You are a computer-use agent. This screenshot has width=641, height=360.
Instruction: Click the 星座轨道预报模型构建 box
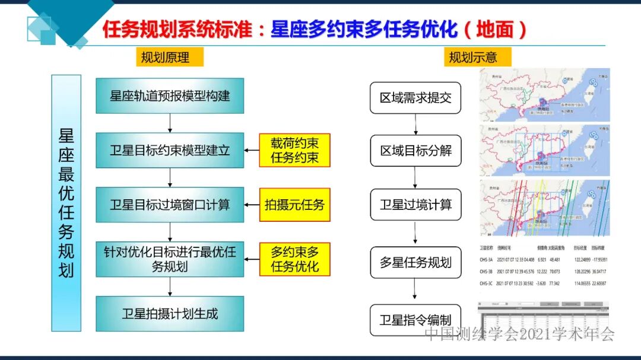(x=170, y=95)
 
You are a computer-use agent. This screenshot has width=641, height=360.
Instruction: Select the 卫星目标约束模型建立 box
(x=170, y=150)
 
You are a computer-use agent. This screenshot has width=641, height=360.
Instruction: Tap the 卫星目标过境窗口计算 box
(x=170, y=205)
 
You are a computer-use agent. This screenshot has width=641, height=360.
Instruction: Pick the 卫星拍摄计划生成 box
(x=170, y=314)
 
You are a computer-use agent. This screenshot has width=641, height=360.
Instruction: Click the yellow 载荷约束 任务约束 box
(x=294, y=150)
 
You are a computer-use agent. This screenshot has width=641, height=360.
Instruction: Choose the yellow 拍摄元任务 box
(x=294, y=205)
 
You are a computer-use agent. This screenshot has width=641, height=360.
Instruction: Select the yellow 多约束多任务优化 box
(x=294, y=259)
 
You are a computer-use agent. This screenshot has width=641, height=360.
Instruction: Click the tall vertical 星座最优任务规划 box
(x=66, y=203)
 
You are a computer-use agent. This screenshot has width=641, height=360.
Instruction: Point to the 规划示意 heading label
(x=473, y=58)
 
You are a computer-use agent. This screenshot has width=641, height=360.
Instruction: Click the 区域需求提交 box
(x=415, y=98)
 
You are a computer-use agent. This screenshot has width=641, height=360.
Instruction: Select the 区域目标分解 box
(x=415, y=151)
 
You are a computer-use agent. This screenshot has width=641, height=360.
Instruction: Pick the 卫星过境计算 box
(x=415, y=205)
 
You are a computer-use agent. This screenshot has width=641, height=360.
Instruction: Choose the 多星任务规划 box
(x=415, y=262)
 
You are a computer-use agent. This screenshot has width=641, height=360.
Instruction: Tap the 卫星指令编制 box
(x=415, y=320)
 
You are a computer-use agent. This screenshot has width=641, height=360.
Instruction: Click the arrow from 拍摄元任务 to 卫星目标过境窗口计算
(x=252, y=205)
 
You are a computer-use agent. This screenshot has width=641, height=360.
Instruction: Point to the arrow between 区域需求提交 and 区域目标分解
(x=415, y=124)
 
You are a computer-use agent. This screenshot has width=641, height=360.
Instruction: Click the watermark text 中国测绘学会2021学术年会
(x=519, y=334)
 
